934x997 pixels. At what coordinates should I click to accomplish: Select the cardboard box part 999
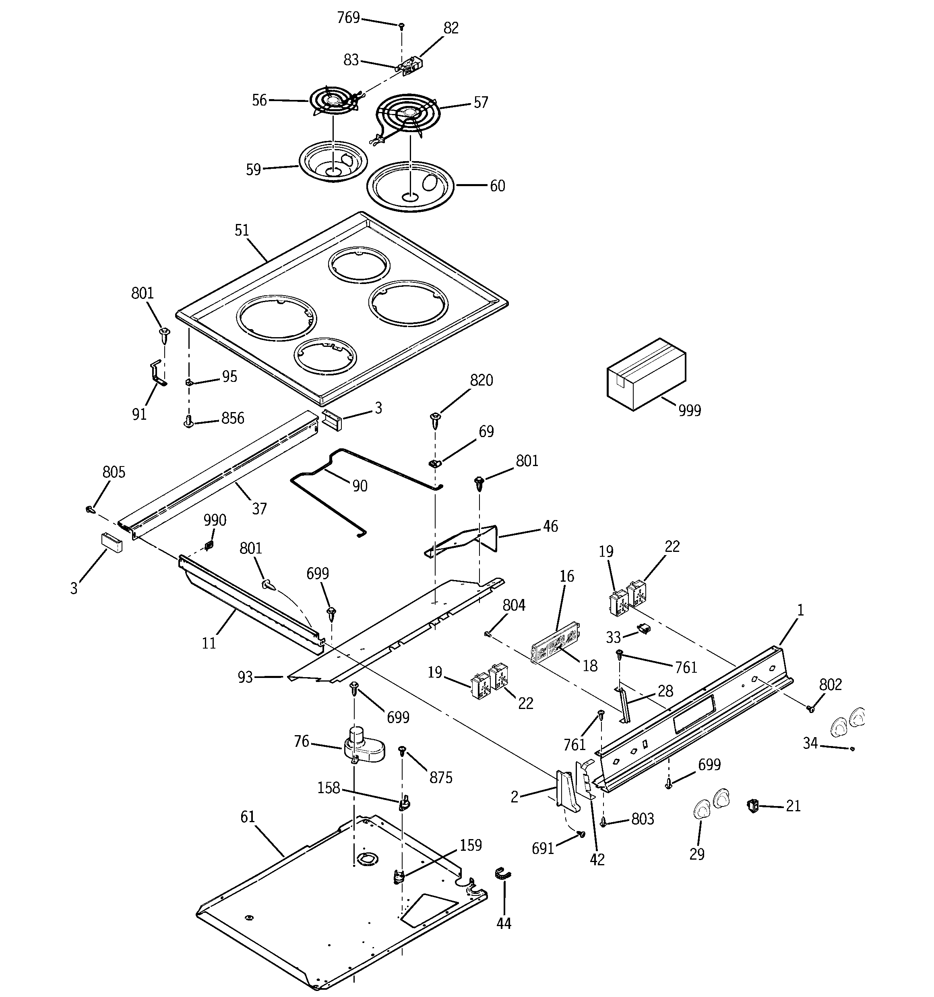[x=646, y=374]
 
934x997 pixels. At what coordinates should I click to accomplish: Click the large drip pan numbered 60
[x=410, y=187]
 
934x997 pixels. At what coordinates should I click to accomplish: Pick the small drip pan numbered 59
[x=333, y=162]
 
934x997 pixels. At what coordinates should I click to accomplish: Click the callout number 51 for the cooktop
[x=242, y=230]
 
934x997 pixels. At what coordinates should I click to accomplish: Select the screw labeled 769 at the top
[x=401, y=25]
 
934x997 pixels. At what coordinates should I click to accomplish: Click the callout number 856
[x=233, y=418]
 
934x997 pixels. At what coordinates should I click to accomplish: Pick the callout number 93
[x=245, y=678]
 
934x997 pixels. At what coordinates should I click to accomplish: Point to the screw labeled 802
[x=810, y=709]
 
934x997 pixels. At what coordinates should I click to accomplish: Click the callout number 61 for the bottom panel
[x=248, y=817]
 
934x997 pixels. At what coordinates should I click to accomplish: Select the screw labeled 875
[x=401, y=751]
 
